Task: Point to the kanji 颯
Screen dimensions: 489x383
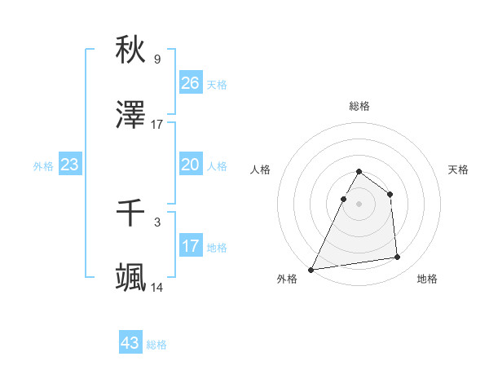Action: click(x=130, y=278)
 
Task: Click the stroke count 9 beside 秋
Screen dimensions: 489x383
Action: click(x=157, y=59)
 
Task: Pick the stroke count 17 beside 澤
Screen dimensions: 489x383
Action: click(x=157, y=125)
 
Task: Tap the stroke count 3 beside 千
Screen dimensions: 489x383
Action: click(x=157, y=222)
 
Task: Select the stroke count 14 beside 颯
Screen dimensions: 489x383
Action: click(x=157, y=288)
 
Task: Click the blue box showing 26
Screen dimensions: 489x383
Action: click(x=191, y=82)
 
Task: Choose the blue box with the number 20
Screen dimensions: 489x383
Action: click(x=191, y=165)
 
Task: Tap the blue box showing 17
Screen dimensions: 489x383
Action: click(x=191, y=246)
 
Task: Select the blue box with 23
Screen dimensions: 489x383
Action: click(x=70, y=165)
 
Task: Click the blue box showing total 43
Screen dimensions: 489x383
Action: click(x=130, y=343)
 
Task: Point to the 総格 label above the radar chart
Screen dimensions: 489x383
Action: click(x=359, y=106)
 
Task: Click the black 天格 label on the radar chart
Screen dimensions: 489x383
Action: click(x=459, y=169)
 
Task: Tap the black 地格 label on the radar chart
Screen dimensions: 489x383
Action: click(x=427, y=279)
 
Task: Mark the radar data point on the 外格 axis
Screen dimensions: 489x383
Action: click(x=311, y=269)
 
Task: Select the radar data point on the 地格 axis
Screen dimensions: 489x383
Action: click(x=398, y=258)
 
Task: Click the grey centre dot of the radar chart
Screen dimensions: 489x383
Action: click(x=359, y=204)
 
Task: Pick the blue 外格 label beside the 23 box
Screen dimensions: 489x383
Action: click(x=43, y=165)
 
